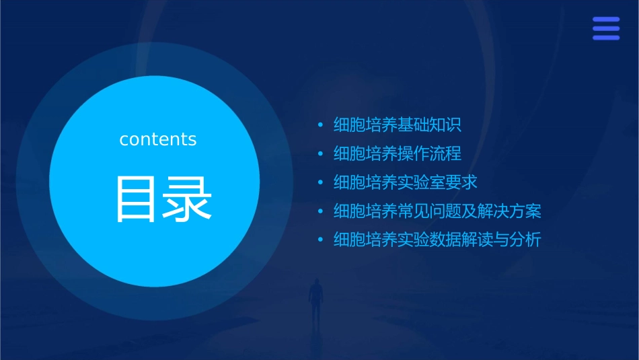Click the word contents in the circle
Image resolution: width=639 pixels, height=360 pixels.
pos(158,139)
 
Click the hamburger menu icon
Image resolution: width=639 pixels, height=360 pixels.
pos(606,28)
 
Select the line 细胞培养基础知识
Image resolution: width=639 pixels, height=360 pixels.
pos(397,125)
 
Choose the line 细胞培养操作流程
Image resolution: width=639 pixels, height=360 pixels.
pos(397,153)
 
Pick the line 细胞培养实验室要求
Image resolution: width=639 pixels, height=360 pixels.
pos(405,182)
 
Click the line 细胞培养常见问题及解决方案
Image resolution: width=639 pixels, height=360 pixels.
pos(437,211)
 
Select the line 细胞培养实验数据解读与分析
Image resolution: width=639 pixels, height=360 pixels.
pos(437,240)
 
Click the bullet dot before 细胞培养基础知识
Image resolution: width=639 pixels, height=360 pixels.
pos(321,125)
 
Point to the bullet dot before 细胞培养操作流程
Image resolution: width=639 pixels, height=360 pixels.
pos(321,154)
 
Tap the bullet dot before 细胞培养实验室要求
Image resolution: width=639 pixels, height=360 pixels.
pos(321,182)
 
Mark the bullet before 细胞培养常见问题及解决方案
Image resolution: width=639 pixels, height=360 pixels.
pos(321,211)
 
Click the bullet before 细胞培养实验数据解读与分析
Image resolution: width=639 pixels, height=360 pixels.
pos(321,240)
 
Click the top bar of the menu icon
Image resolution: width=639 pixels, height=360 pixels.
pos(606,20)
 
